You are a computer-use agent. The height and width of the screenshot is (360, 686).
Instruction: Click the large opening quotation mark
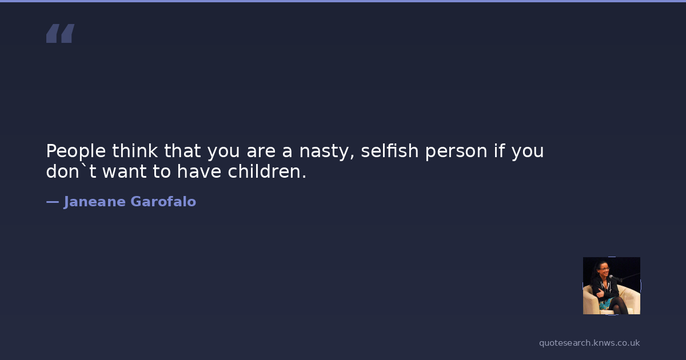61,33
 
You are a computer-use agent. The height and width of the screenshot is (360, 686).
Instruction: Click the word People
76,151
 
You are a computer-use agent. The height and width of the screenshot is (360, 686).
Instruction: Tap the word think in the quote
135,151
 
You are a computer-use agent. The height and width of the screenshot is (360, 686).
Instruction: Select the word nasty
327,152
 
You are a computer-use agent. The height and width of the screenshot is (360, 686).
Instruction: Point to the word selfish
390,151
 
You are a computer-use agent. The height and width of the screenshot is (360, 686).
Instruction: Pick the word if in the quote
500,151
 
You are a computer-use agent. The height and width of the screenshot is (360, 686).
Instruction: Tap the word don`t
71,171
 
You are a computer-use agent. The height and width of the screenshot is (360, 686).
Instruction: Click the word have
199,171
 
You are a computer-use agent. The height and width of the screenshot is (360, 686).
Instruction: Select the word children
267,171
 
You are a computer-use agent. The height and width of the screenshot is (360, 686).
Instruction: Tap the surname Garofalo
163,201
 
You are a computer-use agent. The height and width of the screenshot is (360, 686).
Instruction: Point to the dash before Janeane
53,202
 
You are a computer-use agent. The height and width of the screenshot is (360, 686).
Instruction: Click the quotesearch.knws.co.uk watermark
589,343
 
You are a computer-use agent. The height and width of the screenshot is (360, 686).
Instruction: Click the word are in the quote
261,152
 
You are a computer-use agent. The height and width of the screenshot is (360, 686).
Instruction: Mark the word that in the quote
182,151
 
